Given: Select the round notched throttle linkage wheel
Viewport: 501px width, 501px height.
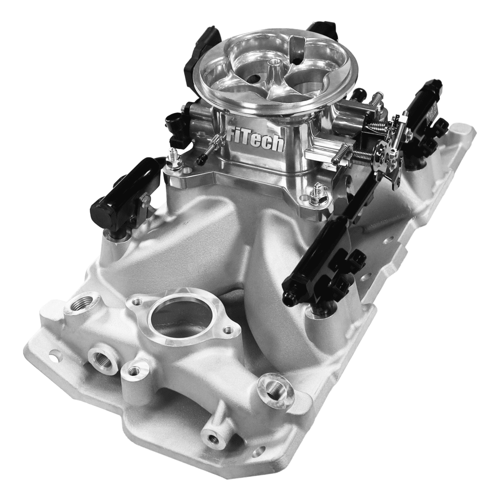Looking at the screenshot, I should (x=382, y=154).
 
